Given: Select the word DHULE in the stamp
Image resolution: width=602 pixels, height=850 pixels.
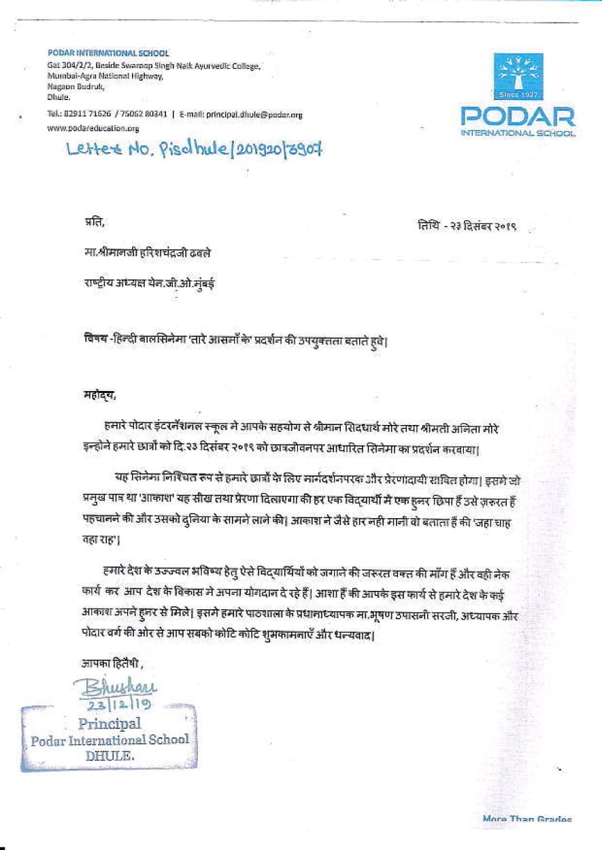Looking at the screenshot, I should point(110,755).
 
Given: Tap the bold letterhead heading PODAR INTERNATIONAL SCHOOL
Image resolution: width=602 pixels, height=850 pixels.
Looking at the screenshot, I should point(108,53).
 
